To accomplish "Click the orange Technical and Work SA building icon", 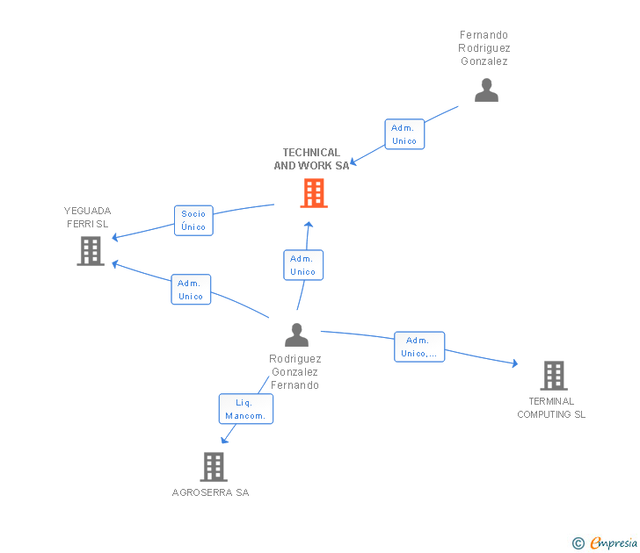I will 314,193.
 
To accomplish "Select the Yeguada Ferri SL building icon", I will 91,251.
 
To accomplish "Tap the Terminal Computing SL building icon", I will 553,376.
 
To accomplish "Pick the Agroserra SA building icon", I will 214,467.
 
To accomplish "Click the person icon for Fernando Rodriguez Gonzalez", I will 486,90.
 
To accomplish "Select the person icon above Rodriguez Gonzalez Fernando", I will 297,334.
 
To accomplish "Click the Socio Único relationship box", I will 193,220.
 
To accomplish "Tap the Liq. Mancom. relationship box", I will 245,409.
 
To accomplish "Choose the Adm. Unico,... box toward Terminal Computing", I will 419,347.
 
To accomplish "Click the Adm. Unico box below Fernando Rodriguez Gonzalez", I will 404,134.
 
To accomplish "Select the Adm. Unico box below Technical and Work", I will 303,265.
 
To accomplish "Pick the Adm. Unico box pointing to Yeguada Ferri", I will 191,290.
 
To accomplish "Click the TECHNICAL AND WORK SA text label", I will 311,159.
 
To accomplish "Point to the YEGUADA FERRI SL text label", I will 88,217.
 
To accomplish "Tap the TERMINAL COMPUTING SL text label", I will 551,408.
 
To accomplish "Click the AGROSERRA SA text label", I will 211,492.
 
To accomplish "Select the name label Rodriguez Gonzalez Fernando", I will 295,372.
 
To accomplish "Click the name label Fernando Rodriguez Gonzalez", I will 484,48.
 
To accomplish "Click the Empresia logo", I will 606,543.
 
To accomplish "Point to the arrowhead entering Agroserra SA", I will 225,440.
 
